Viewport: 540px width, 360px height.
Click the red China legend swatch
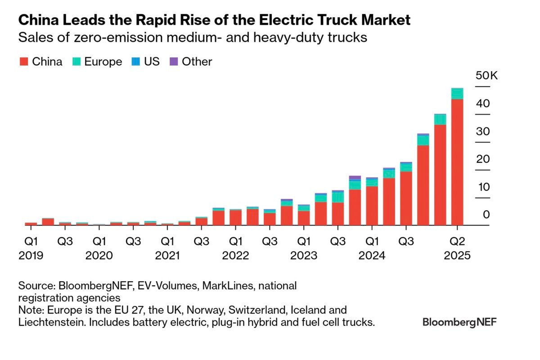tap(23, 62)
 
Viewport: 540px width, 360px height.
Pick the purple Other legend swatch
tap(173, 62)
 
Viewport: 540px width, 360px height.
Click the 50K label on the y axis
tap(487, 76)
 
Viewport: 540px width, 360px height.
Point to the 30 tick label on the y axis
tap(483, 131)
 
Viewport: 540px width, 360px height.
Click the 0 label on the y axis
tap(486, 215)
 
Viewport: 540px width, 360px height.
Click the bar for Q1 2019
tap(31, 224)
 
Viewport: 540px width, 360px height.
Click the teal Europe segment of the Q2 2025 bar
tap(457, 94)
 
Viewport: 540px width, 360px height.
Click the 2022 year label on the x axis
tap(235, 256)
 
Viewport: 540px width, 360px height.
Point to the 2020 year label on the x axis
tap(99, 256)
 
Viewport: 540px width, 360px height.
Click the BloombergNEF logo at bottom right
tap(459, 322)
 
